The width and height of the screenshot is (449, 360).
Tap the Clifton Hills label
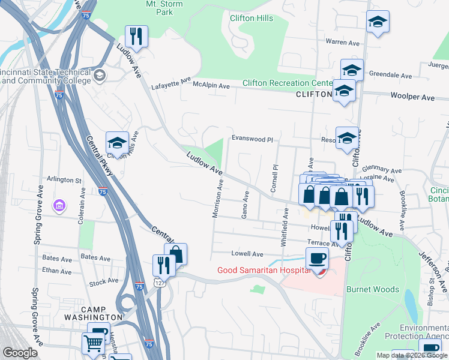(252, 19)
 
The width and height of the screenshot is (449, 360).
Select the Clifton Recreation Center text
(288, 83)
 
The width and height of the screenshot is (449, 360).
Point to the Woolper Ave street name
(412, 97)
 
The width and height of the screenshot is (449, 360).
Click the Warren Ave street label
(342, 42)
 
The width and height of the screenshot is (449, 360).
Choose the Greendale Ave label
(390, 76)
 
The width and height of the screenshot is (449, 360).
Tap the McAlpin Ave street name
(211, 86)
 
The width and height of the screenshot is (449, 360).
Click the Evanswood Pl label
(252, 139)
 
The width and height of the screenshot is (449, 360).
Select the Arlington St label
(64, 180)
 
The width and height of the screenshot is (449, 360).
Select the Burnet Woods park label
(372, 289)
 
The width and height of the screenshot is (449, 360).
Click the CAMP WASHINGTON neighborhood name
(102, 313)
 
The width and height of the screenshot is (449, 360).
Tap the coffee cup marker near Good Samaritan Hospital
(317, 259)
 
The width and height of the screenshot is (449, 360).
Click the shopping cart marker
(93, 343)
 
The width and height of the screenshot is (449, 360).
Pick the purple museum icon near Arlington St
(59, 206)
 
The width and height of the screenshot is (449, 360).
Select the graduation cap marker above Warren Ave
(377, 23)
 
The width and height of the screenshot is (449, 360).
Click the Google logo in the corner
(20, 353)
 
